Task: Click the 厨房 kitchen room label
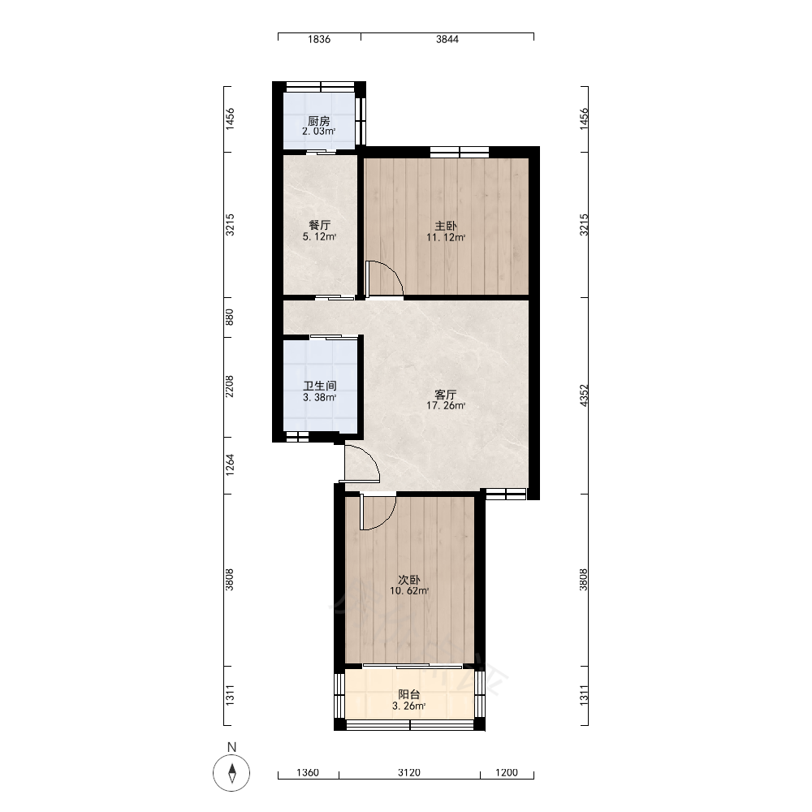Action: point(318,121)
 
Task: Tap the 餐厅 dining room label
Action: point(319,225)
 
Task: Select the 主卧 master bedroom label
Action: point(445,226)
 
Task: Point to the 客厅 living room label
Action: point(445,395)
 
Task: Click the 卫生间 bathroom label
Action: point(319,386)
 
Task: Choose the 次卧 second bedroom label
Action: point(409,580)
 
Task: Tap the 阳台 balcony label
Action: point(409,694)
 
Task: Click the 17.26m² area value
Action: point(445,405)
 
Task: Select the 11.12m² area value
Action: point(445,238)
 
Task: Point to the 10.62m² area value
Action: point(409,591)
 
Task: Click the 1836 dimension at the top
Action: point(319,39)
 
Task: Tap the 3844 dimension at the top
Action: point(447,39)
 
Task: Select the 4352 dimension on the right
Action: point(584,395)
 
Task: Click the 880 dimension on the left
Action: point(230,317)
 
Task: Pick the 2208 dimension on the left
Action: point(230,387)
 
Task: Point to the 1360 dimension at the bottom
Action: point(308,773)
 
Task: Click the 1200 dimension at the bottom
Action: point(507,773)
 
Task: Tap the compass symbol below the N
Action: point(231,773)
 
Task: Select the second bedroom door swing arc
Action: point(386,520)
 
